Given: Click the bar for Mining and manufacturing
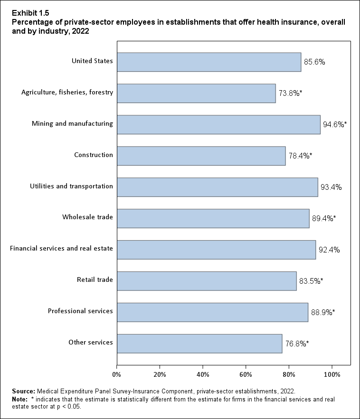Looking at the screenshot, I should (x=218, y=124).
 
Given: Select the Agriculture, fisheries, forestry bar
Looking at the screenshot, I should (x=196, y=93).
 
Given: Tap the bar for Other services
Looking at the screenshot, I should (x=199, y=344).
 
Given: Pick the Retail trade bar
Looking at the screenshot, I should (x=207, y=281).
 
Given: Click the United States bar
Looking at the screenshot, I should (x=209, y=62).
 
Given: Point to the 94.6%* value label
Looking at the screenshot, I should (x=335, y=125).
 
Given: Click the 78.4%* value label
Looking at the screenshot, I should (x=300, y=156).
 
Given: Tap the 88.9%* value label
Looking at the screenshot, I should (x=323, y=313).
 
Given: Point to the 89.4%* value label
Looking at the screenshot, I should (x=324, y=219).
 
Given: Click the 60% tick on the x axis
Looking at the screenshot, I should (x=246, y=375).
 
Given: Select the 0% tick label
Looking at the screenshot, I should (x=117, y=375).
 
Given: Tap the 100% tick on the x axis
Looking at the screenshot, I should (x=332, y=375).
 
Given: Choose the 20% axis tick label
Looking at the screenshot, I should (x=160, y=375).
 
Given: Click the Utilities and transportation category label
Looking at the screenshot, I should (x=71, y=186).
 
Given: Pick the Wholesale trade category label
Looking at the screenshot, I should (x=87, y=217).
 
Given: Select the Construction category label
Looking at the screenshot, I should (x=94, y=155).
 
